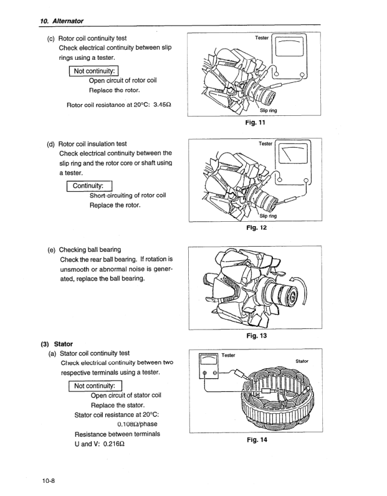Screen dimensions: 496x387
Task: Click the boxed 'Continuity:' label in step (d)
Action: click(90, 186)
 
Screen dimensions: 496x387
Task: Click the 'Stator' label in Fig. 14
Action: click(302, 361)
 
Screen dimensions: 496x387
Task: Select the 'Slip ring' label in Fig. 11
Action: click(277, 110)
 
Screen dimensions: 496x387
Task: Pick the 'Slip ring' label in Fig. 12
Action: click(276, 216)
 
